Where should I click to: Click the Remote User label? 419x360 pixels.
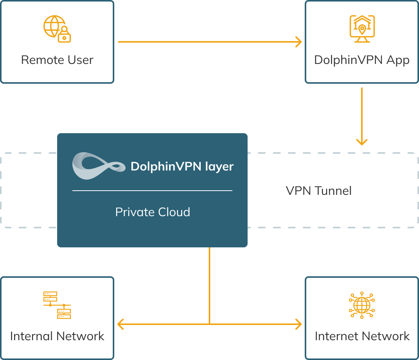(57, 60)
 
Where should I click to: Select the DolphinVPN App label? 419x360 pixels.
(362, 60)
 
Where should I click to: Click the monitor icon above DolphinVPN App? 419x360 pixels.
(362, 28)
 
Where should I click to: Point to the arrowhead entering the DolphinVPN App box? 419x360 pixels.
(298, 42)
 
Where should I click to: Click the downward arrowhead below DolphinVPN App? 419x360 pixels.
(362, 141)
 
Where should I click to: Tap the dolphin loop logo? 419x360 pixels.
(99, 166)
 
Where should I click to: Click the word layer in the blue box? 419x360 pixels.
(219, 167)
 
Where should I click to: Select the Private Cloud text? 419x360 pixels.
(152, 212)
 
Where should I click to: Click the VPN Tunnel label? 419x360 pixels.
(319, 191)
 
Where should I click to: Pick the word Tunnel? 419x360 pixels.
(333, 191)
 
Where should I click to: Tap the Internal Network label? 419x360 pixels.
(57, 336)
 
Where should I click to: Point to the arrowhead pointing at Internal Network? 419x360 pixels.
(121, 324)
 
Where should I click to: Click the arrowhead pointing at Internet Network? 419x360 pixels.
(298, 324)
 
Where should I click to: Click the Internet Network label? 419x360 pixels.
(362, 336)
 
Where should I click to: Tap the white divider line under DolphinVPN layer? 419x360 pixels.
(152, 190)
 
